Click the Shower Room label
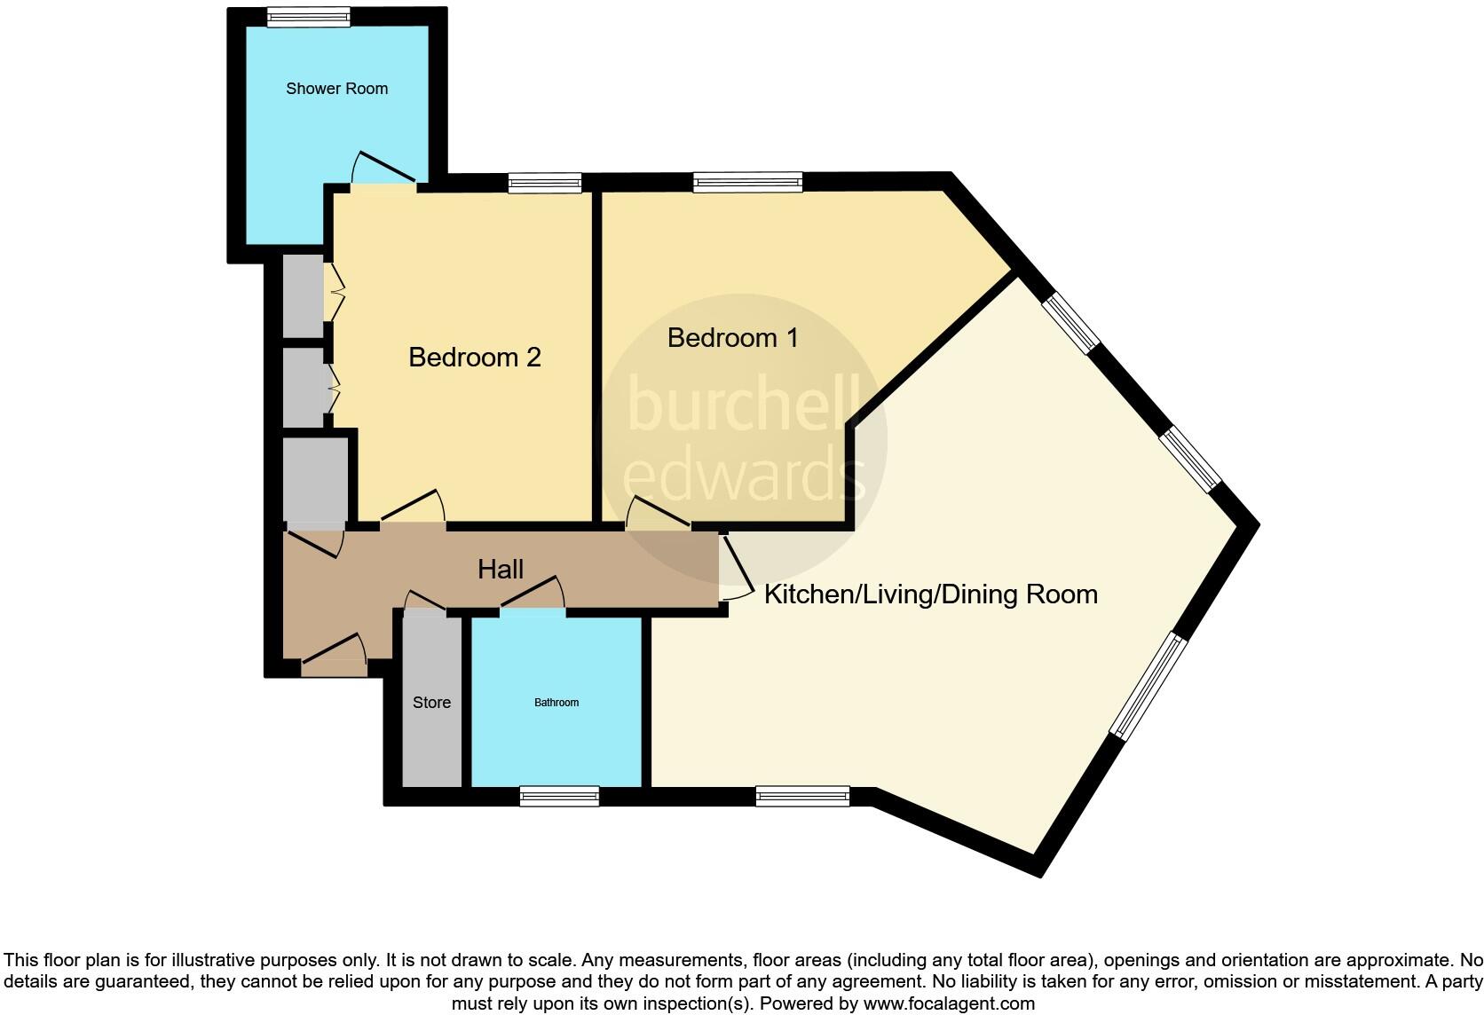point(336,89)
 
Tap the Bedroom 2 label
point(474,358)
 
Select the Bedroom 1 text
point(732,338)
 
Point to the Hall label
point(501,570)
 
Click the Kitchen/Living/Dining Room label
point(930,594)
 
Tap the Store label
point(431,703)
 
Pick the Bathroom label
point(556,703)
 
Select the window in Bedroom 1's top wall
point(747,183)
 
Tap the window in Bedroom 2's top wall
point(545,183)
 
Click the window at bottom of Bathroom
point(559,796)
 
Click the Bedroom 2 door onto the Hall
point(413,507)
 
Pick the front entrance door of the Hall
point(334,652)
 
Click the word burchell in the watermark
point(744,404)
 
